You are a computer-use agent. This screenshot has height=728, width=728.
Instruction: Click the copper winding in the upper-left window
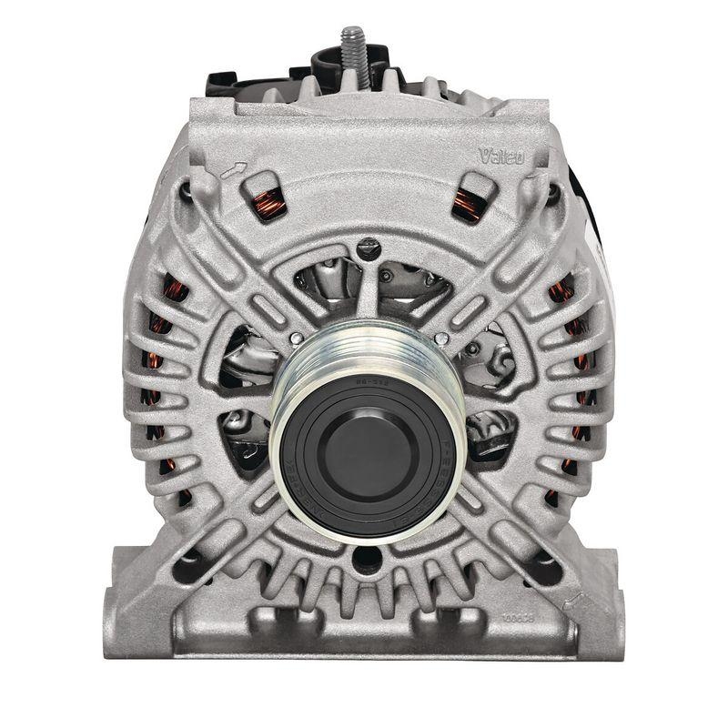pyautogui.click(x=268, y=203)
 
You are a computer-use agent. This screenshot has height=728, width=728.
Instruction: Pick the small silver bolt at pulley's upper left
pyautogui.click(x=296, y=339)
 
